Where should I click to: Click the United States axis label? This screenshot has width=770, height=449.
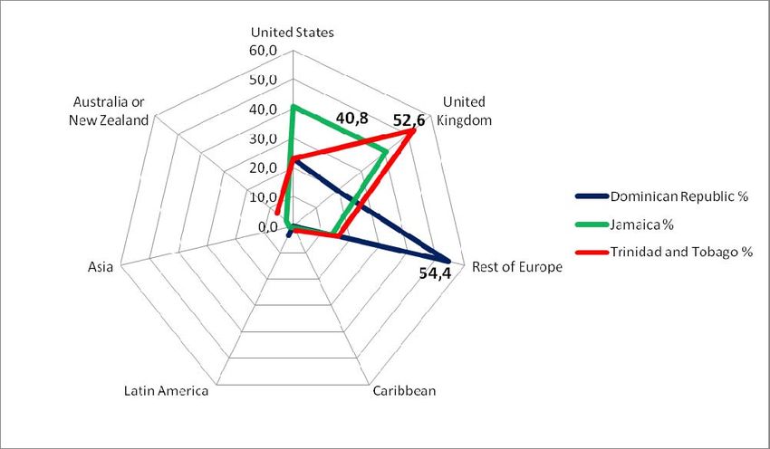click(293, 32)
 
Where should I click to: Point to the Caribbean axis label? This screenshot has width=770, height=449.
click(404, 391)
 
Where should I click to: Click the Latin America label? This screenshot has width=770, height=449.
click(166, 391)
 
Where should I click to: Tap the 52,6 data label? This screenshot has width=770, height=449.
click(409, 119)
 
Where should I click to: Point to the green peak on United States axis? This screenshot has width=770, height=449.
click(293, 107)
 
